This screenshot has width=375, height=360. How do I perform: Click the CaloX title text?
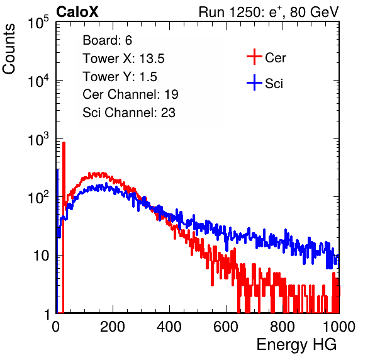[77, 12]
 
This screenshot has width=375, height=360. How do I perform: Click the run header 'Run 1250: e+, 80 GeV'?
[269, 12]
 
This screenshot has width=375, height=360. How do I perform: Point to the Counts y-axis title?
[9, 49]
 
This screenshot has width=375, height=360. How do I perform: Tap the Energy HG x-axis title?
[296, 345]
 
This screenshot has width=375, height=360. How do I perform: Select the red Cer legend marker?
[254, 57]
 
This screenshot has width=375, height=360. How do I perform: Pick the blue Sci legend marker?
[254, 83]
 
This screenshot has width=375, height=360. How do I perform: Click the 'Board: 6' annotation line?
[107, 40]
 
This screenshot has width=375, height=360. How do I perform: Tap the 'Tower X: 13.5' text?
[123, 59]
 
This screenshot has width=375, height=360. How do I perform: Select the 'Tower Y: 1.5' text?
[120, 77]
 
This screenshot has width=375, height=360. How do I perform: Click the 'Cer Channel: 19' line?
[130, 94]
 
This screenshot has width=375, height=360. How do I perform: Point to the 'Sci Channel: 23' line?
[129, 113]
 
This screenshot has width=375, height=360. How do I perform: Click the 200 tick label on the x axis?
[113, 327]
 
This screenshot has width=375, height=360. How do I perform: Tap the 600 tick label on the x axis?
[226, 327]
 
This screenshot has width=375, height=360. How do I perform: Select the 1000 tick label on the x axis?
[339, 327]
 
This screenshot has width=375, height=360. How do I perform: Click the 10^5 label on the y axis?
[38, 23]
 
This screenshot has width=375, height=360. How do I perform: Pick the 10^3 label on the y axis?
[38, 139]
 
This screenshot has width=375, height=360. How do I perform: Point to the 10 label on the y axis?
[41, 256]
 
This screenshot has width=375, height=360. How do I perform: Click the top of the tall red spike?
[64, 143]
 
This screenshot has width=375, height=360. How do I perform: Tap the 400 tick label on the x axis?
[169, 327]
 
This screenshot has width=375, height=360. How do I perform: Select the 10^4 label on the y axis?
[38, 81]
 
